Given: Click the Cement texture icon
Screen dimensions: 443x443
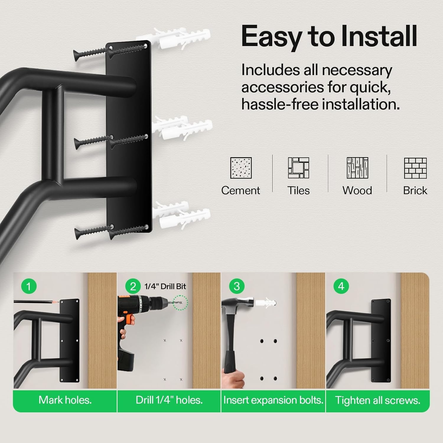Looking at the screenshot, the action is point(241,168).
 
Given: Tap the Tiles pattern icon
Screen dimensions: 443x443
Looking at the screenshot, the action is point(299,168).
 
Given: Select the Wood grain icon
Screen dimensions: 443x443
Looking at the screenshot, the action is point(357,168).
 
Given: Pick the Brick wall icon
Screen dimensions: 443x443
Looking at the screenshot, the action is point(415,168).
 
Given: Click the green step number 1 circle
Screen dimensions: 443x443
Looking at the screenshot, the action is point(29,286).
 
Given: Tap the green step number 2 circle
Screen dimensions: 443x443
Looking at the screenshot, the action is point(133,286).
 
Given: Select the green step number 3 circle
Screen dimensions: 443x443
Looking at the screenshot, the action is point(237,286).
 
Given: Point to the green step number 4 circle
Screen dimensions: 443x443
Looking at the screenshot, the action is point(341,286).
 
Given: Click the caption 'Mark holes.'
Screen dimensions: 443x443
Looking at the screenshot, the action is point(65,400).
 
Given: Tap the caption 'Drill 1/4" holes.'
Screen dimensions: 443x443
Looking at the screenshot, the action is point(169,400).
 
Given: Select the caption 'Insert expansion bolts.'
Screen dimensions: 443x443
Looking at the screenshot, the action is point(273,400).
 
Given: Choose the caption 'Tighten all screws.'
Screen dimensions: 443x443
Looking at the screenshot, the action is point(378,400).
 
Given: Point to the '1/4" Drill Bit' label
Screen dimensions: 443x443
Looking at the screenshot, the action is point(165,286).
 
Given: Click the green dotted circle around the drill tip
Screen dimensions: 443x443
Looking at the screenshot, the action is point(180,302).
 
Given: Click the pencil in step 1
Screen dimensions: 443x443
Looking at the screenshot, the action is point(37,302).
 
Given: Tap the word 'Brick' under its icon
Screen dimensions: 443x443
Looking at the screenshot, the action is point(415,190).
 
